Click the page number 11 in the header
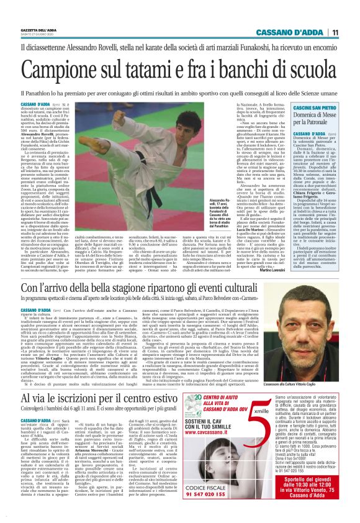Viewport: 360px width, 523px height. point(334,32)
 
